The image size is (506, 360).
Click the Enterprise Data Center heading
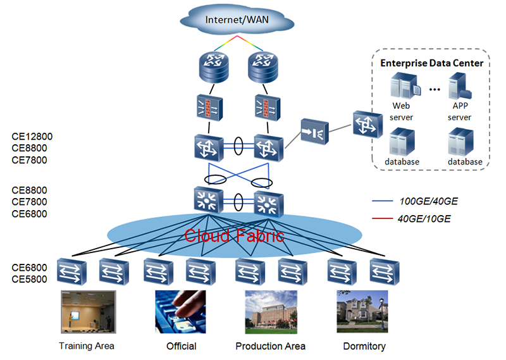point(431,63)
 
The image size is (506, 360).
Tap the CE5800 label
point(29,279)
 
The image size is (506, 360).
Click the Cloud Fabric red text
point(235,237)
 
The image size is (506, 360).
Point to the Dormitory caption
point(364,346)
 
